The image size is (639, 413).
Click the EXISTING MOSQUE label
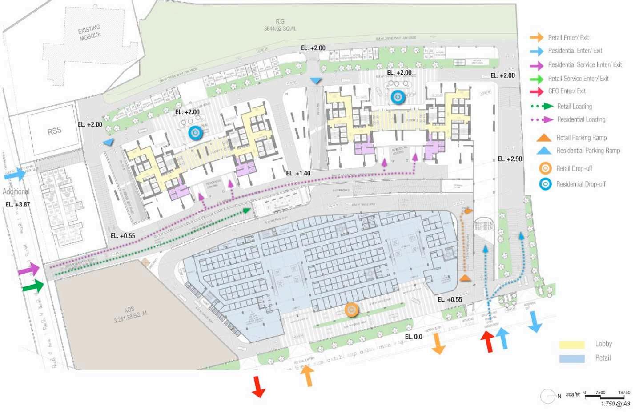[90, 32]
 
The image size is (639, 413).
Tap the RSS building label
[54, 131]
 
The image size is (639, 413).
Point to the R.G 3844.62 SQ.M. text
[280, 25]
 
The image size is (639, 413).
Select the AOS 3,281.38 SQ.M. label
[130, 314]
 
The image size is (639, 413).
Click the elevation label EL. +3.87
[18, 204]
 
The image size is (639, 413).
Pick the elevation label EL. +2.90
[510, 159]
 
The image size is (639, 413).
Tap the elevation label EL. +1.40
[298, 173]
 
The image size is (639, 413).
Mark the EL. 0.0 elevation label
[414, 337]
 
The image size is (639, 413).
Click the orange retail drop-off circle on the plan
[351, 310]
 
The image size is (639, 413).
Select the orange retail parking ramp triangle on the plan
[465, 278]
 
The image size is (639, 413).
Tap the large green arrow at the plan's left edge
[33, 286]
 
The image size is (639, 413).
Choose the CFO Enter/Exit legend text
[567, 91]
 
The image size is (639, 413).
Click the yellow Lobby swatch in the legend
[571, 344]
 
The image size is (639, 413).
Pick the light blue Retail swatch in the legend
[571, 358]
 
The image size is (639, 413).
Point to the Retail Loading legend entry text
[574, 106]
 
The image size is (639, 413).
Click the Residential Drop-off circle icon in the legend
[545, 184]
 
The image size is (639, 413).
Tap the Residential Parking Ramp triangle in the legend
[543, 151]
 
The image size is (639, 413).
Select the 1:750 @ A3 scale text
[615, 404]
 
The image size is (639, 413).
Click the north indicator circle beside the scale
[547, 396]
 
